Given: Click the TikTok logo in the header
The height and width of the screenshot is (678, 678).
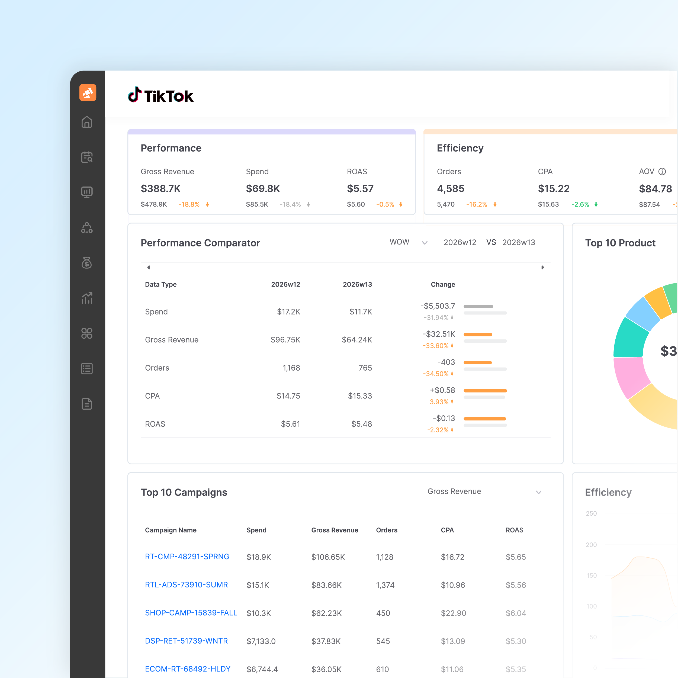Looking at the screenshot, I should tap(160, 95).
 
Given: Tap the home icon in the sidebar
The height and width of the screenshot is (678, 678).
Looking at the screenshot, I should tap(87, 122).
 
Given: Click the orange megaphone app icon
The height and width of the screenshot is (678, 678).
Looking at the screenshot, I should tap(88, 93).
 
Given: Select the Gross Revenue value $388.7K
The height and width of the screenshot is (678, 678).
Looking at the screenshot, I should tap(160, 188).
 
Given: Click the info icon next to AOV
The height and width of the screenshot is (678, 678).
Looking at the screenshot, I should tap(662, 171).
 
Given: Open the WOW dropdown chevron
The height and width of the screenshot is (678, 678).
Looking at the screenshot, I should tap(425, 243).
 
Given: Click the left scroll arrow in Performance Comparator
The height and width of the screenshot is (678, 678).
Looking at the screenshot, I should tap(149, 267).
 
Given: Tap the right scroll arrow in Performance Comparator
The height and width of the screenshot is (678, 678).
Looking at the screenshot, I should tap(542, 267).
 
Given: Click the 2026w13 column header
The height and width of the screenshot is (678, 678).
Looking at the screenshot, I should tap(357, 284).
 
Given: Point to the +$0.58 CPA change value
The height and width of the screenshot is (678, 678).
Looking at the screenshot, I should tap(442, 390).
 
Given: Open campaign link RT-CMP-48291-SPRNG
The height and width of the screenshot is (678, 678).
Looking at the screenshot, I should tap(187, 557).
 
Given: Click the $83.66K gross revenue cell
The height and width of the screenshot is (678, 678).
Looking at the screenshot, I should tap(326, 585).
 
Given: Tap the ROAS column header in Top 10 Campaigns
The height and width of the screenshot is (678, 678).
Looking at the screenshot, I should tap(514, 530).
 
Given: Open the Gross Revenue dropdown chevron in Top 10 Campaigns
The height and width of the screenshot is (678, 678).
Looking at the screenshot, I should tap(539, 492).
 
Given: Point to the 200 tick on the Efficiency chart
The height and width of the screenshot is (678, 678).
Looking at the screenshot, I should tap(591, 545).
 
